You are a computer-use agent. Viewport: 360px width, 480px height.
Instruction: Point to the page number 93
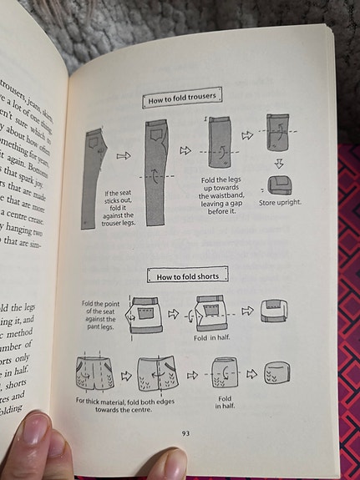(x=186, y=432)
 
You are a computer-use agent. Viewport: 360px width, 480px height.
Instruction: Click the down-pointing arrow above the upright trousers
(x=279, y=163)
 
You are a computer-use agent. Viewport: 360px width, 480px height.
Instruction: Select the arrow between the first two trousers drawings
(x=124, y=154)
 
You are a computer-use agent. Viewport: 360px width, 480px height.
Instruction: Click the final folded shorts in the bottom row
(x=278, y=372)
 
